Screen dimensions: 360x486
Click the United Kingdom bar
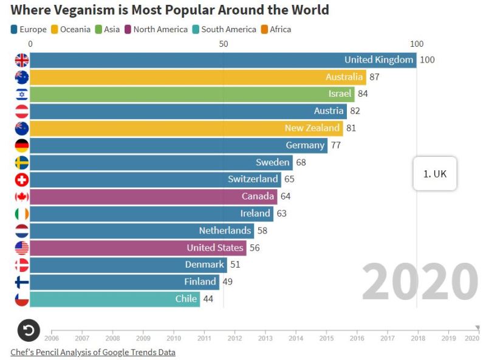tap(223, 60)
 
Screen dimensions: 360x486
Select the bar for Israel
tap(192, 94)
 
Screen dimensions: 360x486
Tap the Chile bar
tap(115, 299)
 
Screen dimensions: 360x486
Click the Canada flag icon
tap(22, 196)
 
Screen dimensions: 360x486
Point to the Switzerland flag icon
tap(22, 179)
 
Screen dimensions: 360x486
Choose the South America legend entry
tap(224, 29)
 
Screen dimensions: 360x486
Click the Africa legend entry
tap(276, 29)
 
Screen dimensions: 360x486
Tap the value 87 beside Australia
tap(374, 77)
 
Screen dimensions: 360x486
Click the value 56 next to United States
tap(254, 247)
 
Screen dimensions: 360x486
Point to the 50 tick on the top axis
tap(224, 44)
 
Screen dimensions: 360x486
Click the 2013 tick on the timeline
tap(265, 338)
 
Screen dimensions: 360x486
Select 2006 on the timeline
tap(52, 338)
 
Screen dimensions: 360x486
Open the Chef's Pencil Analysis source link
tap(93, 352)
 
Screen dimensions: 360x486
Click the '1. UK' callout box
tap(435, 173)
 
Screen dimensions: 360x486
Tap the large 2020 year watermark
tap(420, 282)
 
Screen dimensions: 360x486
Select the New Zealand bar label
tap(312, 128)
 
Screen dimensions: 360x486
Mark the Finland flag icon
tap(22, 282)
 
